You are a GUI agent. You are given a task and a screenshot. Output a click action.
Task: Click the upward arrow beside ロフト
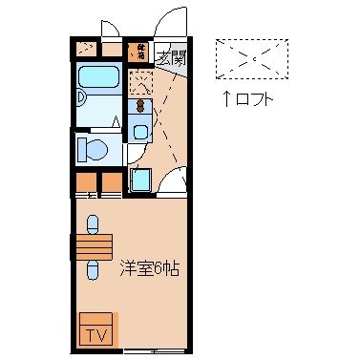tap(226, 98)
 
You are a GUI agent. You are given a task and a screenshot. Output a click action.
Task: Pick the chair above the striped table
tap(93, 223)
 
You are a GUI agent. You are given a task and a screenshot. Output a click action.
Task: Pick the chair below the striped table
tap(93, 270)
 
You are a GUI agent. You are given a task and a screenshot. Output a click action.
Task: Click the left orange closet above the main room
tap(87, 181)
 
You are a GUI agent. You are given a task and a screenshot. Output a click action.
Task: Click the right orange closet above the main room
tap(112, 181)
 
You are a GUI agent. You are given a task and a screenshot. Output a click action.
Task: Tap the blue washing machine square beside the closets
tap(140, 179)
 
